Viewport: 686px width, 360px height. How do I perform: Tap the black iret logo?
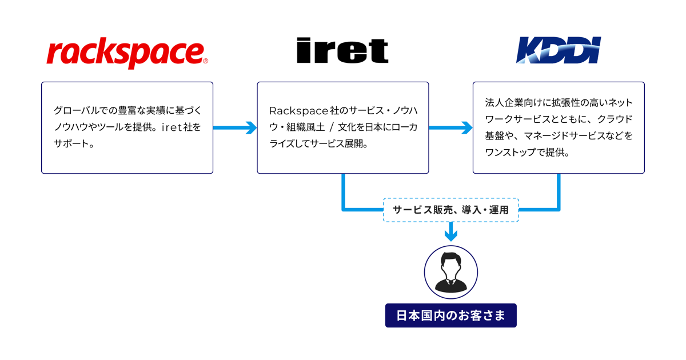pyautogui.click(x=342, y=51)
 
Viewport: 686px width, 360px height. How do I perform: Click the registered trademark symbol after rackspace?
pyautogui.click(x=205, y=60)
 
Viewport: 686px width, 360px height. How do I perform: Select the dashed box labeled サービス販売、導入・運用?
pyautogui.click(x=450, y=210)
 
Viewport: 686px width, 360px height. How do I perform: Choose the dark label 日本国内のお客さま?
pyautogui.click(x=450, y=315)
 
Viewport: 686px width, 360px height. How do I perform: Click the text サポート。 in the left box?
pyautogui.click(x=73, y=143)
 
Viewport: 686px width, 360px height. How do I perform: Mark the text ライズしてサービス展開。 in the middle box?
pyautogui.click(x=318, y=143)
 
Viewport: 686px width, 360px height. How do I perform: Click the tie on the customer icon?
pyautogui.click(x=450, y=282)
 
